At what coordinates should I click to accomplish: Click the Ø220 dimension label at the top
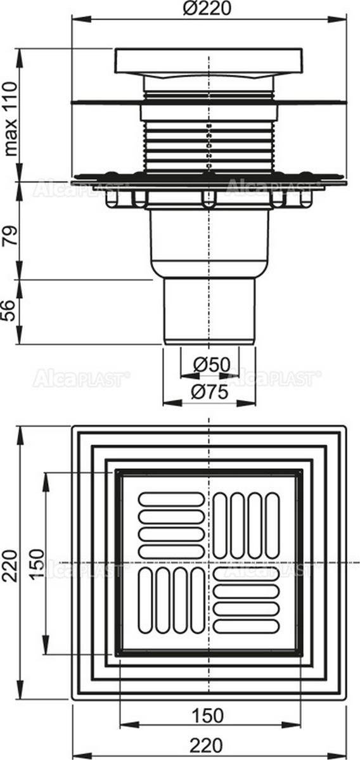(208, 8)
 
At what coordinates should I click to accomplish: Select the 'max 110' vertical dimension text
(10, 119)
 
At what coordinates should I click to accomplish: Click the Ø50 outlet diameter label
(211, 364)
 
